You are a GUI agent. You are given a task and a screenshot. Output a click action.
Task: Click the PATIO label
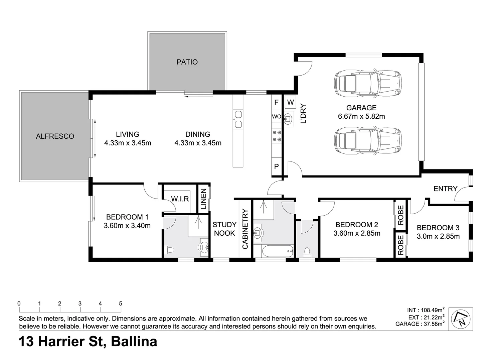click(187, 62)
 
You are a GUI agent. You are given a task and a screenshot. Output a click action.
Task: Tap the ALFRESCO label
click(55, 136)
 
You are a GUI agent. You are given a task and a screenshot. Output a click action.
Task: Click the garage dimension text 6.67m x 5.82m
click(361, 117)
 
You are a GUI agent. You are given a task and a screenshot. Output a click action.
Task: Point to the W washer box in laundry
click(291, 102)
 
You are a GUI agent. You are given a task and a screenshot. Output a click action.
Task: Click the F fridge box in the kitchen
click(276, 102)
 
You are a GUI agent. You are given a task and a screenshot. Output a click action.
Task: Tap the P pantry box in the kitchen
click(277, 166)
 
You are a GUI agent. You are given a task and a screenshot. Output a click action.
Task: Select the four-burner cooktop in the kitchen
click(277, 136)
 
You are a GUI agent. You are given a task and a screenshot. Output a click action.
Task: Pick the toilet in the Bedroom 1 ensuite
click(169, 250)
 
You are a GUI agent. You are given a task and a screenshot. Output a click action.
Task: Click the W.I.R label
click(180, 199)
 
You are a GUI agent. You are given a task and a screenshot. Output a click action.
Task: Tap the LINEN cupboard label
click(203, 199)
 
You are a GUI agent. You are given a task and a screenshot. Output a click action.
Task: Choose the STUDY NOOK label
click(224, 229)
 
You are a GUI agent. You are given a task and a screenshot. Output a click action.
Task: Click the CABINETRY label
click(245, 229)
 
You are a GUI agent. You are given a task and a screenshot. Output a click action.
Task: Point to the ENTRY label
click(445, 189)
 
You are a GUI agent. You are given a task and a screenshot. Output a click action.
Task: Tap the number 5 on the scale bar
click(121, 304)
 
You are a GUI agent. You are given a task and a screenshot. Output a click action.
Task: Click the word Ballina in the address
click(134, 342)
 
